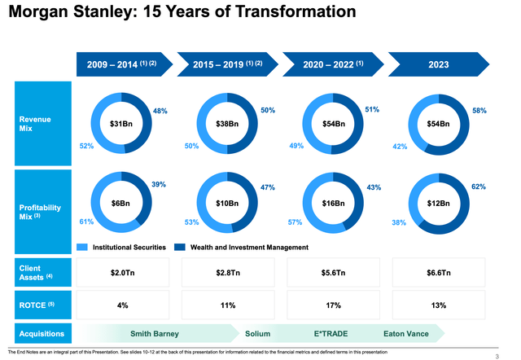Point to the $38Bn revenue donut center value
coord(227,124)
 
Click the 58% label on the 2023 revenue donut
coord(479,110)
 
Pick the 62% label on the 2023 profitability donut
coord(479,187)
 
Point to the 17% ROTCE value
coord(333,305)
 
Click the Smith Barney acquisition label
coord(155,333)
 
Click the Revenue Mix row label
coord(37,124)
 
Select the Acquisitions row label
coord(42,333)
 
